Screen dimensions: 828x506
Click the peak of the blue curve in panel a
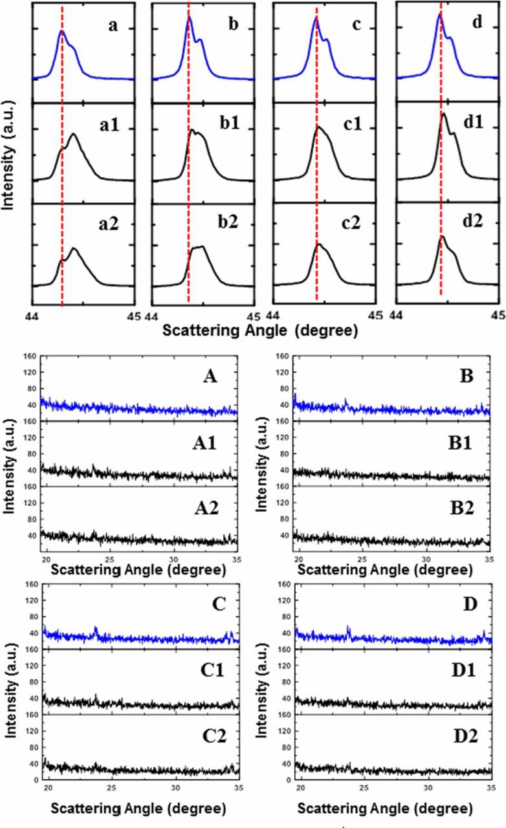pos(61,30)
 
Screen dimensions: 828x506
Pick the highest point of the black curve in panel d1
pos(444,114)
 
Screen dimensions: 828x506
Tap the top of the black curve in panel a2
pos(74,248)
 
